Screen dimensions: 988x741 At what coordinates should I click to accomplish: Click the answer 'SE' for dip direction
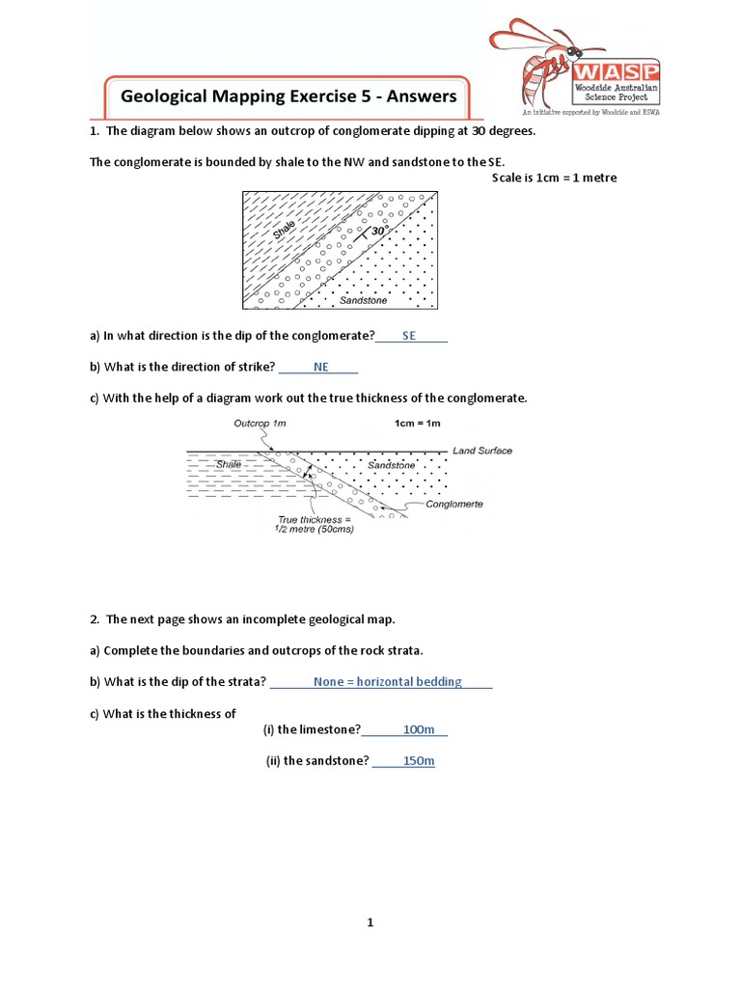(x=409, y=336)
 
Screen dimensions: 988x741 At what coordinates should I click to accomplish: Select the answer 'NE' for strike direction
(x=321, y=367)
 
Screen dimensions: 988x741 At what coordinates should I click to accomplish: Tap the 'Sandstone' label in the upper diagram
(x=363, y=300)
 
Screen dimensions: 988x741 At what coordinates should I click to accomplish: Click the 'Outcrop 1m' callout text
(x=260, y=423)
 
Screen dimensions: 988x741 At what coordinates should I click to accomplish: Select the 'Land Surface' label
(x=482, y=451)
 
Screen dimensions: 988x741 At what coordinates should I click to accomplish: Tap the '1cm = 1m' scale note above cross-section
(x=417, y=423)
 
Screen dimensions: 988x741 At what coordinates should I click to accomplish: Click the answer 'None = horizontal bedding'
(x=387, y=681)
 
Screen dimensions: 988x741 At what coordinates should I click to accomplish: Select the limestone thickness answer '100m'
(x=419, y=729)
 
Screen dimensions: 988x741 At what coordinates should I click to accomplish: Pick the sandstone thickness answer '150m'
(x=419, y=761)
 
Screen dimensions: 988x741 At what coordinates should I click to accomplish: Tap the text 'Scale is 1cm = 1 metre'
(x=554, y=178)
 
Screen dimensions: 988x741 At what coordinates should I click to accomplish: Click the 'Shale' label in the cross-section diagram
(x=229, y=464)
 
